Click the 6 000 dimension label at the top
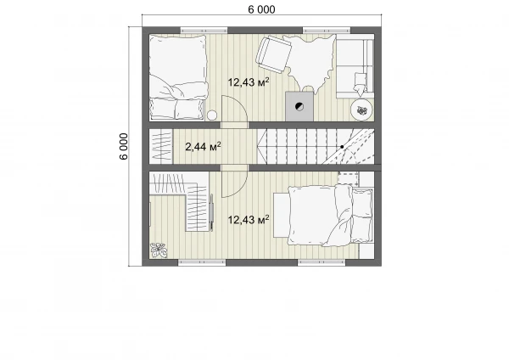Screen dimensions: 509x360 261,9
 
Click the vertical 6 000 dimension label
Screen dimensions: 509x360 124,146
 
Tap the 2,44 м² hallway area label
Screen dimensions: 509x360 204,147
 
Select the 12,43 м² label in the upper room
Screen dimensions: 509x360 249,82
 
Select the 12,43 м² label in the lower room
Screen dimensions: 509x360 249,220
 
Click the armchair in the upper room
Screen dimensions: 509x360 273,54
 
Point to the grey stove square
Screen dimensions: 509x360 299,106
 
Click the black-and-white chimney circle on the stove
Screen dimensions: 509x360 299,107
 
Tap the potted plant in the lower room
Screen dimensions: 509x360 159,250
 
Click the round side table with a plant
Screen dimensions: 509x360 361,110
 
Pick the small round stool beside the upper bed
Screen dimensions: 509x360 212,115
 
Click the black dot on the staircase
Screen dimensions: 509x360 342,147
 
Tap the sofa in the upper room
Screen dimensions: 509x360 355,65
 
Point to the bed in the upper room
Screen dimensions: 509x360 178,77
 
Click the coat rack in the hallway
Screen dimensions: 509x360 161,147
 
